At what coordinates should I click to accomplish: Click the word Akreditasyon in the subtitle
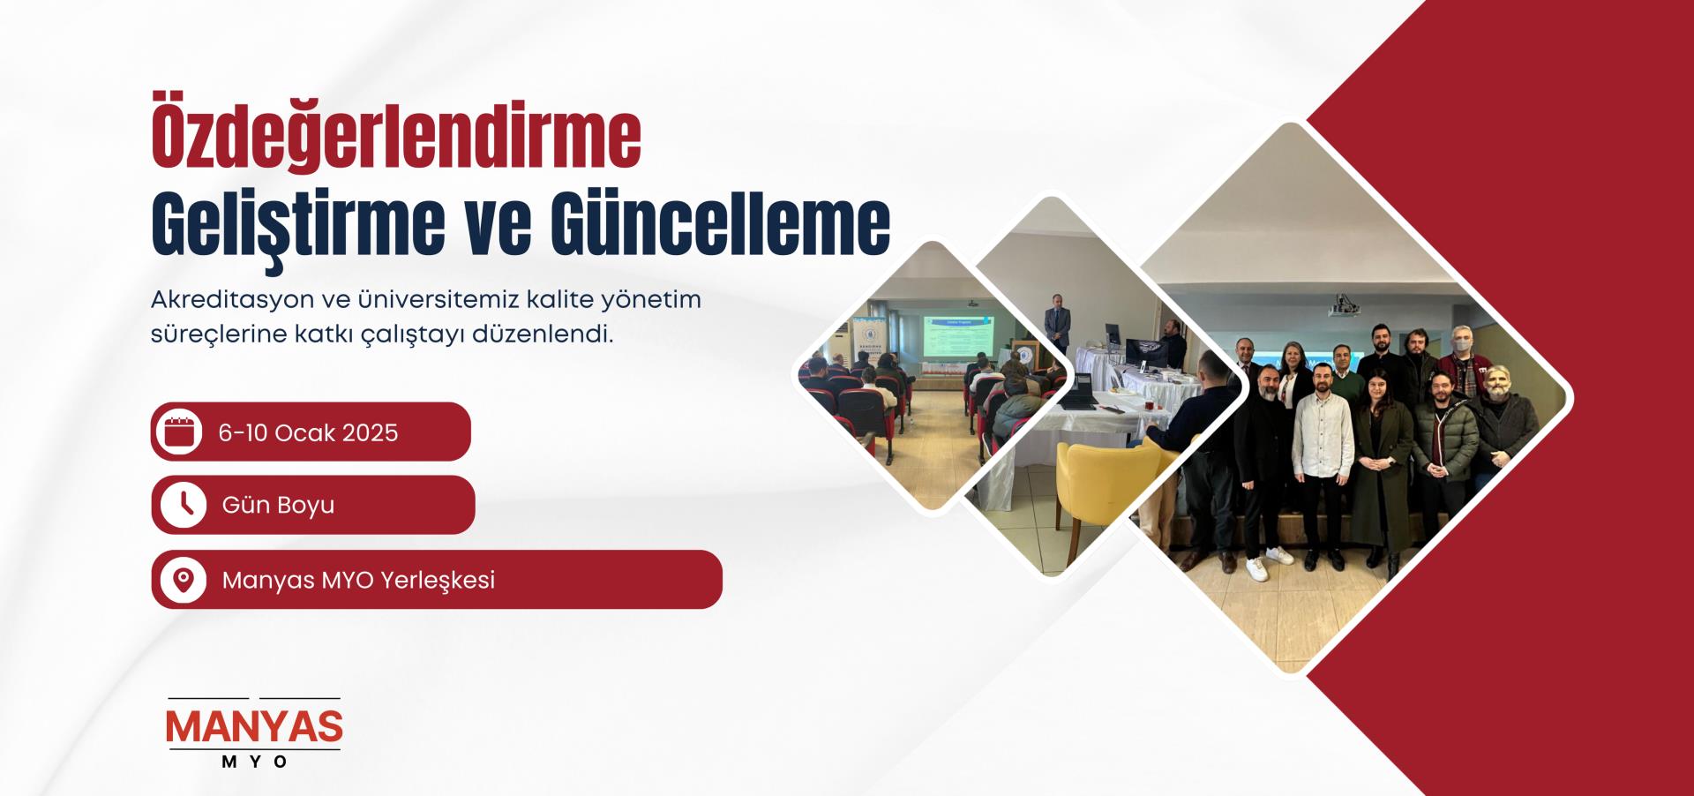[232, 300]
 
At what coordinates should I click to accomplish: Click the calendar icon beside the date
[180, 432]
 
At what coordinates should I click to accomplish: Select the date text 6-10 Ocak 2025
[308, 432]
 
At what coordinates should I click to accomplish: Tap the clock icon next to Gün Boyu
[184, 505]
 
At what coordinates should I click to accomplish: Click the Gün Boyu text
[278, 506]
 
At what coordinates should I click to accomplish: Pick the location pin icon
[184, 580]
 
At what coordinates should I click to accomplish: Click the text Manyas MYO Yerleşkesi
[358, 581]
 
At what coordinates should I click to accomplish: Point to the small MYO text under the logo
[255, 762]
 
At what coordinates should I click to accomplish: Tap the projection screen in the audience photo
[958, 339]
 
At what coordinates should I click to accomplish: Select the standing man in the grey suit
[1057, 323]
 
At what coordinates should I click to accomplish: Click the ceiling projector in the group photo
[1343, 304]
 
